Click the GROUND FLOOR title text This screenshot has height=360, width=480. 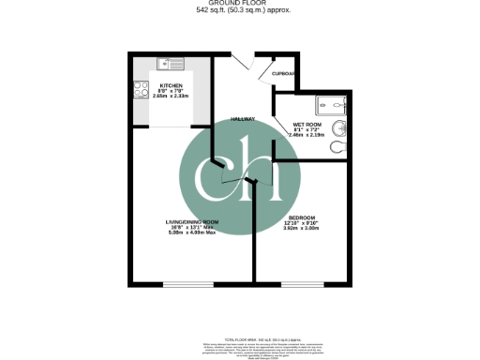click(240, 4)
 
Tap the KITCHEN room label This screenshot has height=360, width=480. click(170, 85)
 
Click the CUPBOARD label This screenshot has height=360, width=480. click(284, 73)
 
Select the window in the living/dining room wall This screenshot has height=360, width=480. click(183, 283)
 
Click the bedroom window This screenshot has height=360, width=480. click(302, 283)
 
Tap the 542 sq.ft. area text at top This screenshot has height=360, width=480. click(240, 11)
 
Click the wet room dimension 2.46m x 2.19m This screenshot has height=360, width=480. click(309, 134)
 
